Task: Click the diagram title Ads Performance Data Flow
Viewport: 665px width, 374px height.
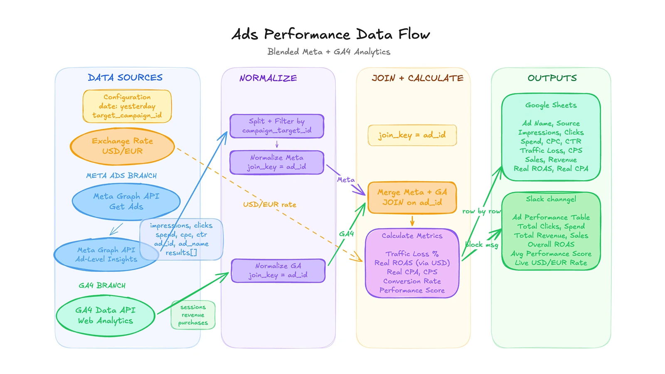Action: pyautogui.click(x=330, y=34)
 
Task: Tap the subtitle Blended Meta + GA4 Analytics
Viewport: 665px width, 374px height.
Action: pyautogui.click(x=329, y=52)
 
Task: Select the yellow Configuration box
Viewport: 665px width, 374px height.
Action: pyautogui.click(x=127, y=106)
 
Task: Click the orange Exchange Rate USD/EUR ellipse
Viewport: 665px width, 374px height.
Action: pyautogui.click(x=122, y=146)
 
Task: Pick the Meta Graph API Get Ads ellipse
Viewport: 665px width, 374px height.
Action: pyautogui.click(x=126, y=201)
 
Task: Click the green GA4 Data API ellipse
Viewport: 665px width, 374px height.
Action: pyautogui.click(x=105, y=315)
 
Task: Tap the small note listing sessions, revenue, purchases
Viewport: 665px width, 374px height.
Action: pyautogui.click(x=193, y=315)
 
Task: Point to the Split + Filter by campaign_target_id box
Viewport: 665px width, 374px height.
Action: pyautogui.click(x=277, y=126)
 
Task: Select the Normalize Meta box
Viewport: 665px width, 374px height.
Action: pyautogui.click(x=277, y=162)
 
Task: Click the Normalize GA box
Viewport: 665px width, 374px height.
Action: pyautogui.click(x=278, y=271)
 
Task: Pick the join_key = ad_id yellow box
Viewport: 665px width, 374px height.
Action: pyautogui.click(x=412, y=135)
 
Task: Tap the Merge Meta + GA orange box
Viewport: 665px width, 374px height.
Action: pyautogui.click(x=412, y=197)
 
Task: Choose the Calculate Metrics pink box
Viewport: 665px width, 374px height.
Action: pyautogui.click(x=412, y=263)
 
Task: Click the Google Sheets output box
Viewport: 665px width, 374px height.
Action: pyautogui.click(x=551, y=137)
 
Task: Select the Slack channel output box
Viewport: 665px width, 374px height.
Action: pyautogui.click(x=551, y=231)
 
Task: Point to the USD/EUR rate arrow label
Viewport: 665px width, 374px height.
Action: pyautogui.click(x=270, y=204)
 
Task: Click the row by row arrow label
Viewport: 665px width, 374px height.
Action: pyautogui.click(x=481, y=211)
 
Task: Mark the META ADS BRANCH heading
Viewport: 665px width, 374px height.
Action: pyautogui.click(x=121, y=176)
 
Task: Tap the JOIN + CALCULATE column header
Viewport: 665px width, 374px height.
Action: pyautogui.click(x=417, y=78)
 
